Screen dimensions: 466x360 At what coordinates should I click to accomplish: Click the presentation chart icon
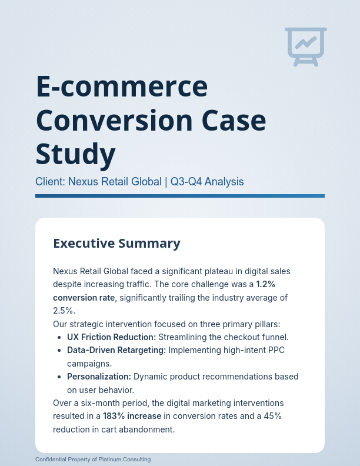click(x=306, y=46)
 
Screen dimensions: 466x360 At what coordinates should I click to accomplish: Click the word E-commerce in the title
click(x=122, y=87)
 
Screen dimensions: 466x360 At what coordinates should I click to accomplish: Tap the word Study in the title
click(x=75, y=154)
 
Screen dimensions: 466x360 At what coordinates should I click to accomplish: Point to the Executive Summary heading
click(x=116, y=243)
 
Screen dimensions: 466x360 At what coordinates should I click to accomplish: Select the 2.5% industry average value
click(x=64, y=311)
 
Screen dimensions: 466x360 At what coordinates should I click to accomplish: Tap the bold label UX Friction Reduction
click(x=111, y=337)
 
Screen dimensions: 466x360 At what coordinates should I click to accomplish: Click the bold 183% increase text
click(x=132, y=416)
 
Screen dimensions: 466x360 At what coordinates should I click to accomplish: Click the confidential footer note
click(x=93, y=459)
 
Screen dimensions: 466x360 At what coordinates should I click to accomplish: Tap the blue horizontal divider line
click(x=180, y=196)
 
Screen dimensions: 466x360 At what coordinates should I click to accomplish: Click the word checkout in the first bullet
click(x=235, y=337)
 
